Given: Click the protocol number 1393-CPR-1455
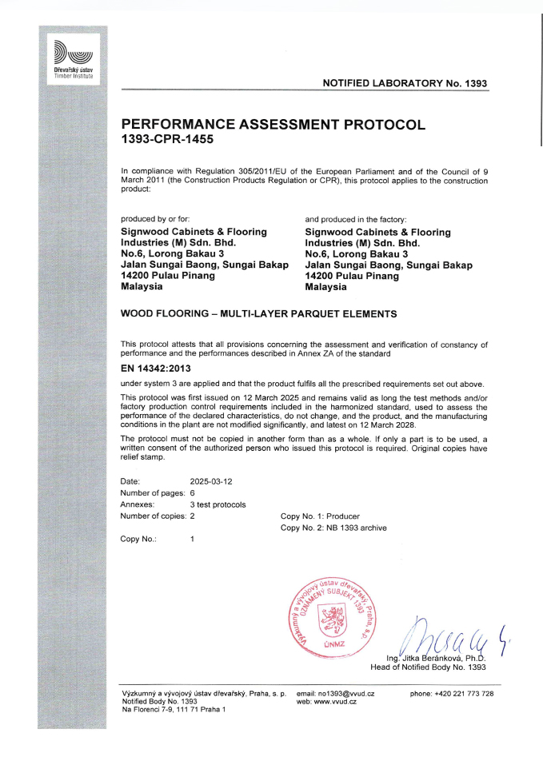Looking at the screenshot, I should click(x=167, y=139).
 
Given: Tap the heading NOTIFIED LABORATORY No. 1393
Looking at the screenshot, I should click(x=404, y=83).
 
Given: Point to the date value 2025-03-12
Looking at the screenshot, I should click(x=211, y=481).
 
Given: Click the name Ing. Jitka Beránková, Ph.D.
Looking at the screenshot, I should click(x=436, y=657).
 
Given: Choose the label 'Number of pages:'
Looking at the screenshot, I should click(x=153, y=493).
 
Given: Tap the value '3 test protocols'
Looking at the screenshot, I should click(x=218, y=504).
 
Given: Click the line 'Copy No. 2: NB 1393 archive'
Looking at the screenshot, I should click(x=333, y=528).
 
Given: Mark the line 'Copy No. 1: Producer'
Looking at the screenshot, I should click(x=320, y=516).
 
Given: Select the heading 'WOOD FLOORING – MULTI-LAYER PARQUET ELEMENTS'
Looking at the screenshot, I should click(x=258, y=314).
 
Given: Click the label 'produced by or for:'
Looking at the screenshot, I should click(x=155, y=218).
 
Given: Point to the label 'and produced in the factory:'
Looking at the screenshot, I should click(x=357, y=218).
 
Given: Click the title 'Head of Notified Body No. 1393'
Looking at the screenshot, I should click(x=428, y=666).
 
